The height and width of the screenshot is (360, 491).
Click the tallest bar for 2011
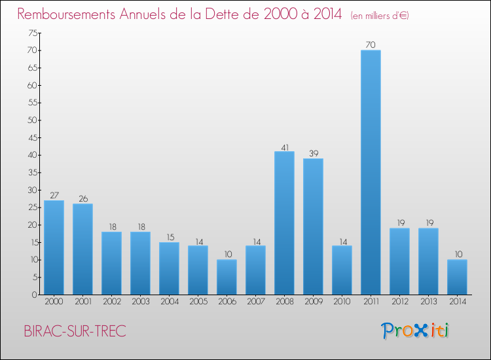[x=371, y=172]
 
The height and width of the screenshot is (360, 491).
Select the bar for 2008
[x=284, y=223]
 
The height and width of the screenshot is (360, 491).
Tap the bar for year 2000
[x=54, y=247]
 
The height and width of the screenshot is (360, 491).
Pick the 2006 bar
[x=227, y=277]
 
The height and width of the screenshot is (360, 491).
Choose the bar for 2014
[x=457, y=277]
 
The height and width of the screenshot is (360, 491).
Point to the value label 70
[x=371, y=45]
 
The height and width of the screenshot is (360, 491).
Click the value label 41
[x=284, y=147]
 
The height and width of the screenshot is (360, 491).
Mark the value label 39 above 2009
[x=313, y=153]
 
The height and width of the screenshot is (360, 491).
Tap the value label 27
[x=54, y=195]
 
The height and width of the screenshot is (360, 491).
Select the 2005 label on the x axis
[x=198, y=302]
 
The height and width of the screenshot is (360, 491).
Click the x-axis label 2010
[x=342, y=302]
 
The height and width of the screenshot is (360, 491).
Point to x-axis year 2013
[x=428, y=302]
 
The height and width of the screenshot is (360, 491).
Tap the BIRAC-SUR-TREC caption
[x=75, y=331]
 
